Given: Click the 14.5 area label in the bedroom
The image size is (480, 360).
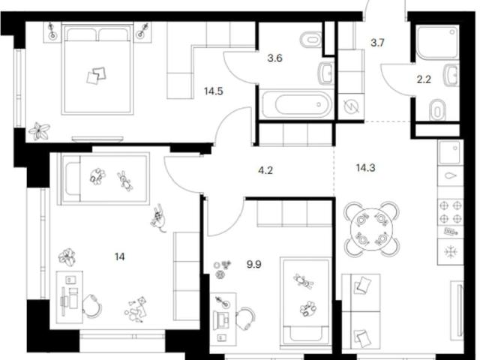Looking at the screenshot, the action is pyautogui.click(x=213, y=91).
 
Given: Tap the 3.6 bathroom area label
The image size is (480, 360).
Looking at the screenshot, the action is pyautogui.click(x=274, y=58).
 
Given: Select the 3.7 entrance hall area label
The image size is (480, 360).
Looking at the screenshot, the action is pyautogui.click(x=377, y=43).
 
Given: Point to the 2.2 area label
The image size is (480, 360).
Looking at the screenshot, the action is pyautogui.click(x=424, y=79).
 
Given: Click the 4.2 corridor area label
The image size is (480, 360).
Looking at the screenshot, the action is pyautogui.click(x=265, y=170).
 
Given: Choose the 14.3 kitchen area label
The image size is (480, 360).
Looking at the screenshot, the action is pyautogui.click(x=365, y=168).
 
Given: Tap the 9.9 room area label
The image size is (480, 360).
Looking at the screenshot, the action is pyautogui.click(x=254, y=264).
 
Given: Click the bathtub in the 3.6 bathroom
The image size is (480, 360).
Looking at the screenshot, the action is pyautogui.click(x=296, y=104).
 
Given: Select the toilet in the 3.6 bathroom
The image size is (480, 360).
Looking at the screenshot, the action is pyautogui.click(x=310, y=39).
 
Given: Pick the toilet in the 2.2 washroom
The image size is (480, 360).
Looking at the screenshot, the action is pyautogui.click(x=437, y=110).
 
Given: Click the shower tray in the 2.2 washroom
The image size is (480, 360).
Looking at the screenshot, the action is pyautogui.click(x=437, y=42).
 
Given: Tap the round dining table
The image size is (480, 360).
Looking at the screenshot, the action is pyautogui.click(x=371, y=229).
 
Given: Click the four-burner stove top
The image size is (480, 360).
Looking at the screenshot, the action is pyautogui.click(x=450, y=211).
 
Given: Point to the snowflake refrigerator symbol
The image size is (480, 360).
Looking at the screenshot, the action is pyautogui.click(x=450, y=252).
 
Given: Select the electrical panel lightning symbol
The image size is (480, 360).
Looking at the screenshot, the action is pyautogui.click(x=351, y=106).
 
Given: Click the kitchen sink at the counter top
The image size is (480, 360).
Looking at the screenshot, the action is pyautogui.click(x=450, y=152).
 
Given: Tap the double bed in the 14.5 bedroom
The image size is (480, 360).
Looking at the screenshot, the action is pyautogui.click(x=97, y=68).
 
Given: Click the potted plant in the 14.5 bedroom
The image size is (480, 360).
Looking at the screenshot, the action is pyautogui.click(x=39, y=131).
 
